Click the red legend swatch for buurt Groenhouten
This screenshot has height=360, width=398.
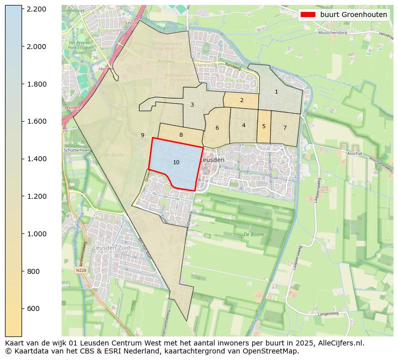click(308, 15)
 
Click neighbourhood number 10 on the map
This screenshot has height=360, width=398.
click(176, 162)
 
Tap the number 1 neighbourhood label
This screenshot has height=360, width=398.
click(276, 92)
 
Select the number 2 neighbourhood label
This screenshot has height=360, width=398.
click(242, 100)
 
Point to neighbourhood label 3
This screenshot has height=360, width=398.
click(192, 105)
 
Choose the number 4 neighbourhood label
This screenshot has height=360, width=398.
click(244, 125)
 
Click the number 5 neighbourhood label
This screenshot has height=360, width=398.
click(264, 126)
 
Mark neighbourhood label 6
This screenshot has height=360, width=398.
click(217, 128)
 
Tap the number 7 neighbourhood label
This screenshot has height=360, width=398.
click(285, 128)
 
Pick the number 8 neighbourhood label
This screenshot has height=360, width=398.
click(181, 135)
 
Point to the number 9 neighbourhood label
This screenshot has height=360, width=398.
click(142, 135)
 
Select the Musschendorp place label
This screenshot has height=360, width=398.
click(333, 33)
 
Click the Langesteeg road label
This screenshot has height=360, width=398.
click(328, 314)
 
